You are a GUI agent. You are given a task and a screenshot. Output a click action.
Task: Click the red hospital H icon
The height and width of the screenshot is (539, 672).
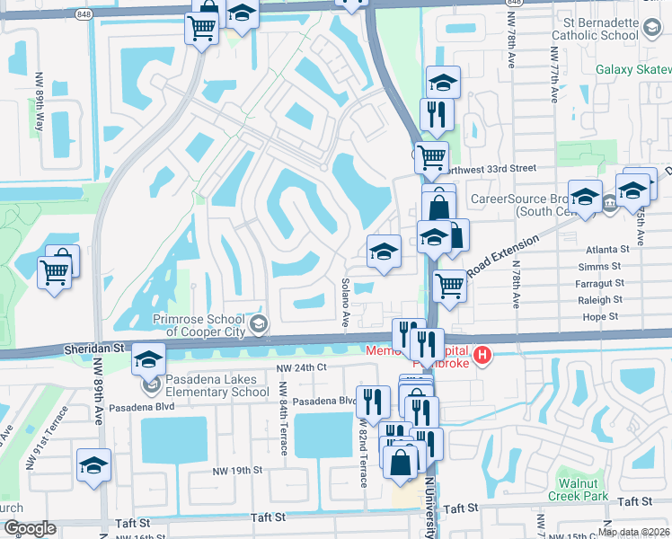click(484, 356)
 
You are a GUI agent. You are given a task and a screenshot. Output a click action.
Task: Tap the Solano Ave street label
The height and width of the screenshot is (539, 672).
click(345, 302)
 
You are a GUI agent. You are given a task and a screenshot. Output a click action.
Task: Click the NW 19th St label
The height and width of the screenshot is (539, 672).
click(236, 470)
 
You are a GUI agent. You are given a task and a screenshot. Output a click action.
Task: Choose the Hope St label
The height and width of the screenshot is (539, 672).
click(601, 316)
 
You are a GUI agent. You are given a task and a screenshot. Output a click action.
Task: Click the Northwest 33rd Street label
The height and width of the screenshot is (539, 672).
click(490, 168)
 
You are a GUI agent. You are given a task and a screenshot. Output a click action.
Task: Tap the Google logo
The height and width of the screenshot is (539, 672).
click(29, 528)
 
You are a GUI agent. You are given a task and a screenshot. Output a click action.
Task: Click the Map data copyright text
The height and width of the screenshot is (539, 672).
click(633, 532)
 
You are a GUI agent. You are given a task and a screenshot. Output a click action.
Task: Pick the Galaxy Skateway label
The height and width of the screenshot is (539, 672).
click(632, 69)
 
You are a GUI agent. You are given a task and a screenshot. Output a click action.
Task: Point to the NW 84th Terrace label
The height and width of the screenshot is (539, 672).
click(282, 419)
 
